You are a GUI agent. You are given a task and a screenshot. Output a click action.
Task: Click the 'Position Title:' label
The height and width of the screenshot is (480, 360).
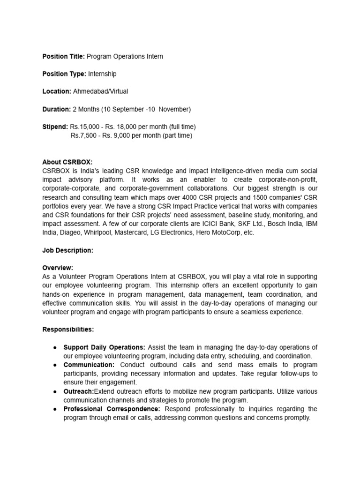[x=64, y=57]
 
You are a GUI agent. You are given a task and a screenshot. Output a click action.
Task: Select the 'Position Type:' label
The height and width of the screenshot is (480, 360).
[x=64, y=74]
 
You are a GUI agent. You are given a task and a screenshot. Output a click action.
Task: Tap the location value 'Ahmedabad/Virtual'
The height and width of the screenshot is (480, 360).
[x=100, y=92]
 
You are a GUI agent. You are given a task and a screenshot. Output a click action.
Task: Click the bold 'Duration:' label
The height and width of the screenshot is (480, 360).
[x=56, y=109]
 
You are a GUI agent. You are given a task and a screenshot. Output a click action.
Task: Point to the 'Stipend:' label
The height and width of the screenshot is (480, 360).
[x=55, y=127]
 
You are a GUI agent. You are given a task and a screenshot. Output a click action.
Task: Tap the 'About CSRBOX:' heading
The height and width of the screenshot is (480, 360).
[x=67, y=162]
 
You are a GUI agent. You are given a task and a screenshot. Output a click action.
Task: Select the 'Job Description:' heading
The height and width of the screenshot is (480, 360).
[x=67, y=251]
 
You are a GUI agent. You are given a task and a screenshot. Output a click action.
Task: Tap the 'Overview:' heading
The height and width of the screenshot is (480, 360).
[x=58, y=268]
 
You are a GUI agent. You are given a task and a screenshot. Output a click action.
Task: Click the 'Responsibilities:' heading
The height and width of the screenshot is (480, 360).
[x=68, y=330]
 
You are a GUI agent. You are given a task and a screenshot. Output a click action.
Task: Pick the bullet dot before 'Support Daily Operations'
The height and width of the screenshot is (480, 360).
[x=55, y=347]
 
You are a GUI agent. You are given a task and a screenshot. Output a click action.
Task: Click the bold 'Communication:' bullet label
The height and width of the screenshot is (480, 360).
[x=89, y=365]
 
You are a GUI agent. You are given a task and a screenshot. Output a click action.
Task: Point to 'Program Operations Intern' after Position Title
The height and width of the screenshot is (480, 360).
[x=125, y=57]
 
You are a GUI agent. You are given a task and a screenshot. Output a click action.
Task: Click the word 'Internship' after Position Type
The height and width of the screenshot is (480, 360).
[x=102, y=74]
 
